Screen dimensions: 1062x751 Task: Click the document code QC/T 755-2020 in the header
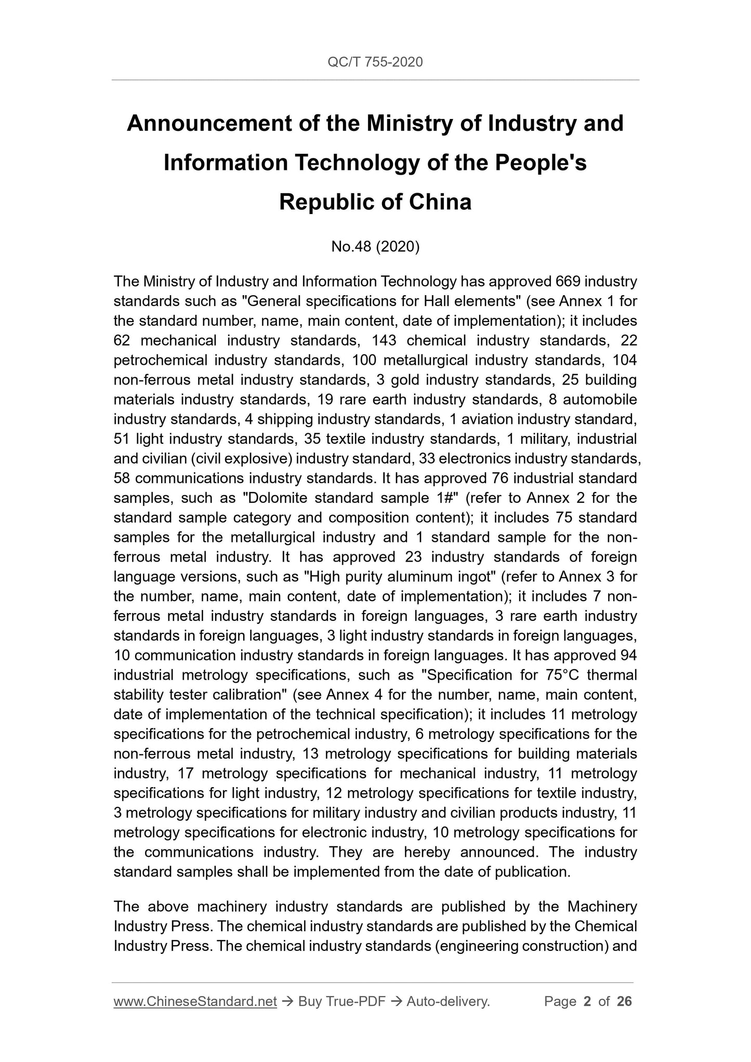point(375,62)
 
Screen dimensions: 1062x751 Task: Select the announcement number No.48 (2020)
point(375,247)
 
